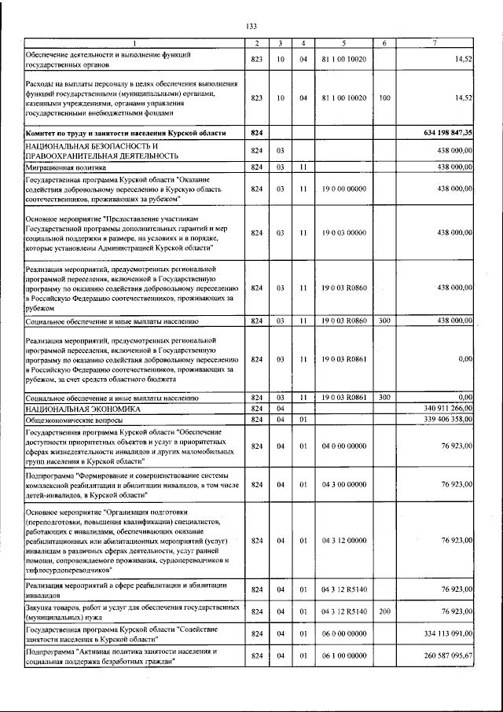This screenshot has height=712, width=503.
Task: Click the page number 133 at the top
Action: click(251, 27)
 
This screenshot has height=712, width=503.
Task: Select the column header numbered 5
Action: click(343, 42)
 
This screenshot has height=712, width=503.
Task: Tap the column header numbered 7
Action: click(435, 42)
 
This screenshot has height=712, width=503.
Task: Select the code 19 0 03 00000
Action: click(343, 233)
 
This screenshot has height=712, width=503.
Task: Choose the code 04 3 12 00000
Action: click(343, 541)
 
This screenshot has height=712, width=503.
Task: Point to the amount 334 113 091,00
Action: click(442, 633)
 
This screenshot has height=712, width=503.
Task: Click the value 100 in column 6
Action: click(384, 98)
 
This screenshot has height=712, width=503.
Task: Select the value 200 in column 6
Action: click(384, 611)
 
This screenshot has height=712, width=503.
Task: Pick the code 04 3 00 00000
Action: click(343, 485)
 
